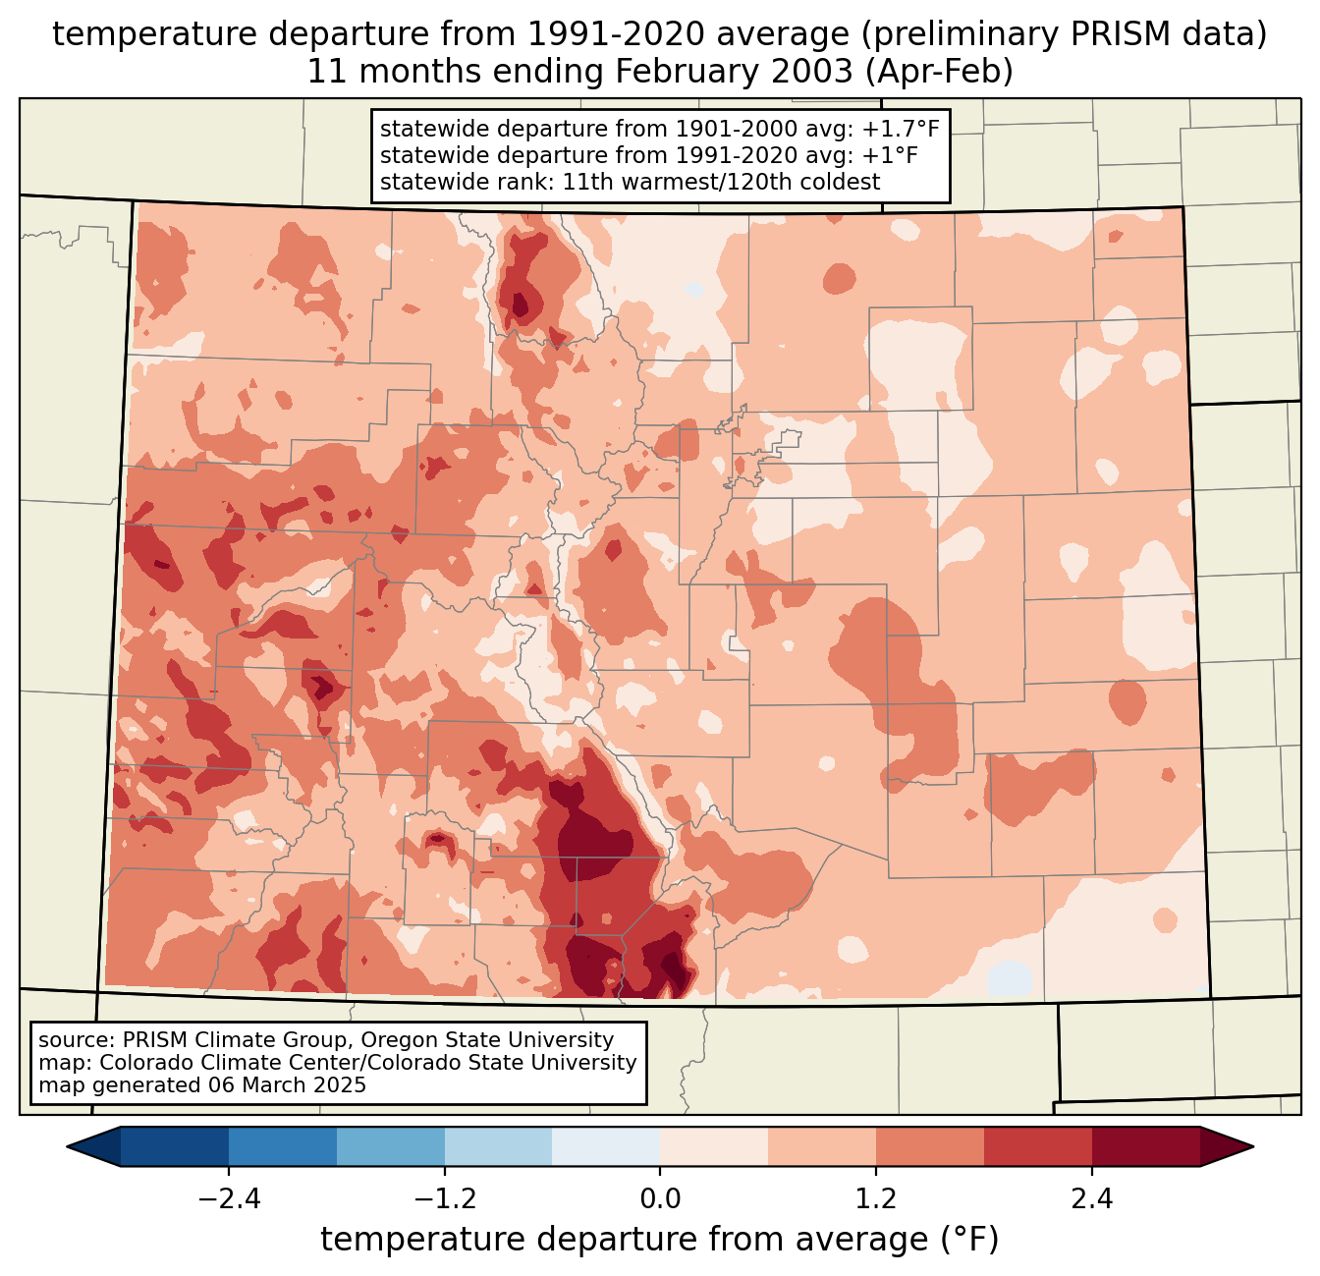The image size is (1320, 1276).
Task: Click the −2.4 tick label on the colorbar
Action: (x=229, y=1199)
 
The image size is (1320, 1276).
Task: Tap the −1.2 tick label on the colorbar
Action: (x=444, y=1199)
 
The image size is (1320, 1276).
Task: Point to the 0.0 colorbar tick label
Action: (x=660, y=1199)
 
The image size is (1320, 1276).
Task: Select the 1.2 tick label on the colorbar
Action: (x=876, y=1199)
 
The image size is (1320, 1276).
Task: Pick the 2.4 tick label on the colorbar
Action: (x=1092, y=1199)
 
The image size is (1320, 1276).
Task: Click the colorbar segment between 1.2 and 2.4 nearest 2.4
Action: (x=1038, y=1146)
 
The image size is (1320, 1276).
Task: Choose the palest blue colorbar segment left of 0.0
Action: (x=606, y=1146)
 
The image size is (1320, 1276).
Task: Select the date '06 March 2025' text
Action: (x=287, y=1085)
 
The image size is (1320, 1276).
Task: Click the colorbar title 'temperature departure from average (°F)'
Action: (x=659, y=1240)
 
